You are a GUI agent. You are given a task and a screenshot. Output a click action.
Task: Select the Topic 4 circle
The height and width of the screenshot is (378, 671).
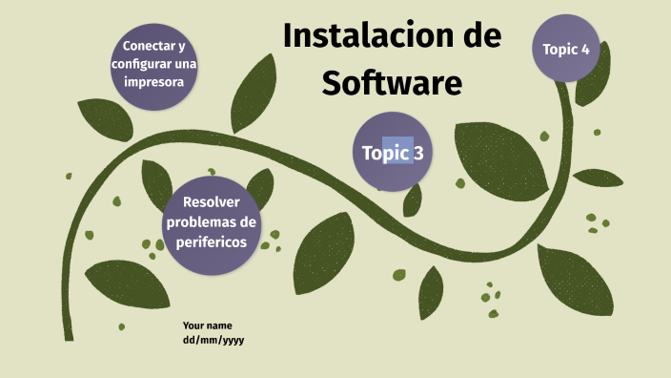point(566,49)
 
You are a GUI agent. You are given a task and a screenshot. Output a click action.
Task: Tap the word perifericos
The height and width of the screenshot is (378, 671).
point(211,242)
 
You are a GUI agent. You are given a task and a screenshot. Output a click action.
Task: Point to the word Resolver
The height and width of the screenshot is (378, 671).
point(211,202)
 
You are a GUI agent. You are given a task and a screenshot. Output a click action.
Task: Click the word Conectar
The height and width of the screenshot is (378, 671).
point(147,46)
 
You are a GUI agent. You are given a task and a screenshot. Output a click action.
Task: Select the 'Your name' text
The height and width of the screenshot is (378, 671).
point(208,325)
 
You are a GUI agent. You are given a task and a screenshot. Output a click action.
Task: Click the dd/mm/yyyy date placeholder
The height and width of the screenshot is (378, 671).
point(213,340)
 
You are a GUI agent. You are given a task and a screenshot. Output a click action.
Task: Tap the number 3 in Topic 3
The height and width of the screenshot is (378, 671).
point(417,153)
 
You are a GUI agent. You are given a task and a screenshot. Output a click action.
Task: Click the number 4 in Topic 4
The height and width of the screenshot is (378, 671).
point(584,49)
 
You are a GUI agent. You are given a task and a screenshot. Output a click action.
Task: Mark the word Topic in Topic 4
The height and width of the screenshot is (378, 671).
point(559,49)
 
